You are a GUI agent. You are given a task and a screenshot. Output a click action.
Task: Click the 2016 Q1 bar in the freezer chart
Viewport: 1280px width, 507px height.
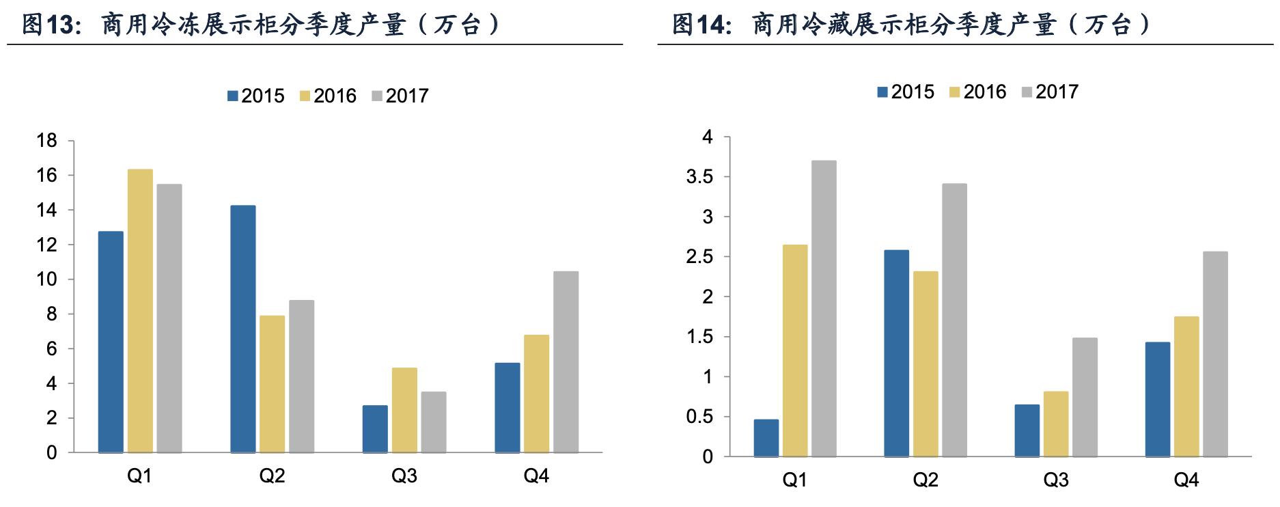(140, 311)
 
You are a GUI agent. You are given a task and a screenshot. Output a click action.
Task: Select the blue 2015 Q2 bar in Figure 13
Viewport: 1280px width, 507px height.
(243, 329)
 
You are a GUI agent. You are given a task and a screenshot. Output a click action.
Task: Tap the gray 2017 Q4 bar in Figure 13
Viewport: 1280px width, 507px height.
(566, 362)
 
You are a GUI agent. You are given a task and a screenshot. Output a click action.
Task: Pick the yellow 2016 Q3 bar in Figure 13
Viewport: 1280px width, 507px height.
(404, 410)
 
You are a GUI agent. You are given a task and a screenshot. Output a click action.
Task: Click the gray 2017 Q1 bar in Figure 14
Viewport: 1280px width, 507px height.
(823, 308)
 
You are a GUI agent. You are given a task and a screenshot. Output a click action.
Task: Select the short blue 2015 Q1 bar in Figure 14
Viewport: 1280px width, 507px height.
(766, 438)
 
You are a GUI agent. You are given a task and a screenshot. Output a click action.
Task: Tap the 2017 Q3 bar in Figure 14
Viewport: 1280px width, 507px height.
(1085, 397)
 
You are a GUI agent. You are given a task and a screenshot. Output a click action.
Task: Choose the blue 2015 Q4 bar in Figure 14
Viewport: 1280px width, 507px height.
(1157, 399)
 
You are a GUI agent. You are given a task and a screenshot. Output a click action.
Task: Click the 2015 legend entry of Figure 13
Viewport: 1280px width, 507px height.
(256, 96)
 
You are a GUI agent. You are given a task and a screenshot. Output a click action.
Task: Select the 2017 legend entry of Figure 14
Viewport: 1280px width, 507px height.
(1050, 92)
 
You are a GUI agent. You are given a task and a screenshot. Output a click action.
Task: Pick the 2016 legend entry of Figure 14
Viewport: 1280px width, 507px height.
(977, 92)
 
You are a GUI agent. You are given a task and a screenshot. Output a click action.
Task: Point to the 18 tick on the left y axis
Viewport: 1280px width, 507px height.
(47, 141)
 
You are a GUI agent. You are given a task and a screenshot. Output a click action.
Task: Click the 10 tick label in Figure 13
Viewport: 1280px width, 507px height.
(47, 280)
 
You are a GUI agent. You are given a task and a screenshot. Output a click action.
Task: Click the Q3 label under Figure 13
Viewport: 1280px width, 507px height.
(404, 476)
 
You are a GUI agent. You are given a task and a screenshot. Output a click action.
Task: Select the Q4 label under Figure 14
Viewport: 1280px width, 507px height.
(1186, 480)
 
